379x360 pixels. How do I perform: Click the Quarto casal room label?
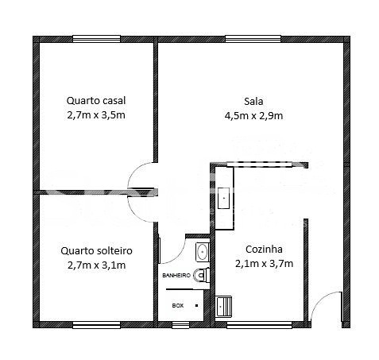point(96,101)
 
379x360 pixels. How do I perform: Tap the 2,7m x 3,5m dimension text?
point(96,115)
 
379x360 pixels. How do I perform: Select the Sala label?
point(253,102)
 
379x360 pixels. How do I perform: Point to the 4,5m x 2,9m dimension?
point(253,116)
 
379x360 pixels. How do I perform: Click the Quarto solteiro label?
point(96,251)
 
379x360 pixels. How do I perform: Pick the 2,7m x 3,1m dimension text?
point(96,265)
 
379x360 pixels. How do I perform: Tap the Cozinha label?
point(264,250)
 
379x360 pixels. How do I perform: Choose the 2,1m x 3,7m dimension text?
point(264,264)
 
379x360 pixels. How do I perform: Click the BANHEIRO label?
point(176,276)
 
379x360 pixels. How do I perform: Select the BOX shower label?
point(178,305)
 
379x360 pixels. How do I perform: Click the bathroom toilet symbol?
point(201,275)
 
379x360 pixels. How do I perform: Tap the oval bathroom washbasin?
point(203,251)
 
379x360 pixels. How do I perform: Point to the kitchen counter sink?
point(224,198)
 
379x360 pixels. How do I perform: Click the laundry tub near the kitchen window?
point(224,307)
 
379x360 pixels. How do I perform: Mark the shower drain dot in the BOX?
point(196,305)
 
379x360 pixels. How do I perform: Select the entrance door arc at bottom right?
point(319,300)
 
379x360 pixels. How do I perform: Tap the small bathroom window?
point(180,325)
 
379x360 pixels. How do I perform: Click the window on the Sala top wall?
point(253,39)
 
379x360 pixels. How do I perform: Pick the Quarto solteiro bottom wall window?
point(96,325)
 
